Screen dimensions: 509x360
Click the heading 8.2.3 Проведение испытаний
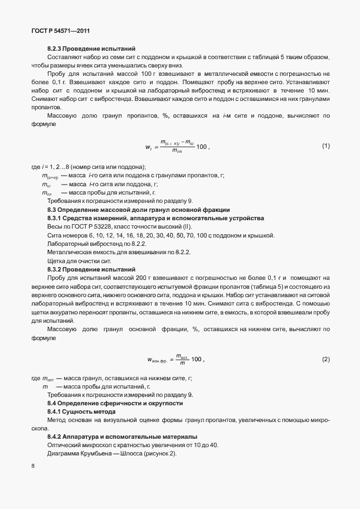point(91,49)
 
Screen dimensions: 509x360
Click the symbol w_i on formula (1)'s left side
point(148,148)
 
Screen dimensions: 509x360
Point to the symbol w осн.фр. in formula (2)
point(159,360)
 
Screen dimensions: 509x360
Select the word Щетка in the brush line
point(57,260)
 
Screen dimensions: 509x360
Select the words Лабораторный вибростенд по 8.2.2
point(96,244)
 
